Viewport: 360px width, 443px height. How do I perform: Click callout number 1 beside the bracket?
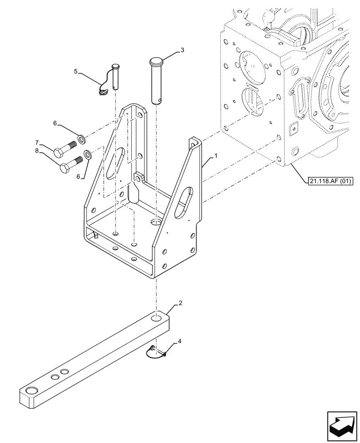[x=215, y=156]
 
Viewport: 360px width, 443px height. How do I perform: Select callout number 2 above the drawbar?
[x=180, y=303]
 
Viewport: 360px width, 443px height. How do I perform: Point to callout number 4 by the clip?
[x=179, y=341]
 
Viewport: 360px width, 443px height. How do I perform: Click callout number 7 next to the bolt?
[x=37, y=142]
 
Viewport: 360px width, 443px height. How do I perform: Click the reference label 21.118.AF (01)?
[x=329, y=180]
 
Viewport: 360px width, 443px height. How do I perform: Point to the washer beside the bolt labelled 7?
[x=82, y=140]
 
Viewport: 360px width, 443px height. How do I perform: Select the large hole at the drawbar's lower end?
[x=33, y=390]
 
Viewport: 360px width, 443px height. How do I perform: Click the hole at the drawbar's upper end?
[x=156, y=319]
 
